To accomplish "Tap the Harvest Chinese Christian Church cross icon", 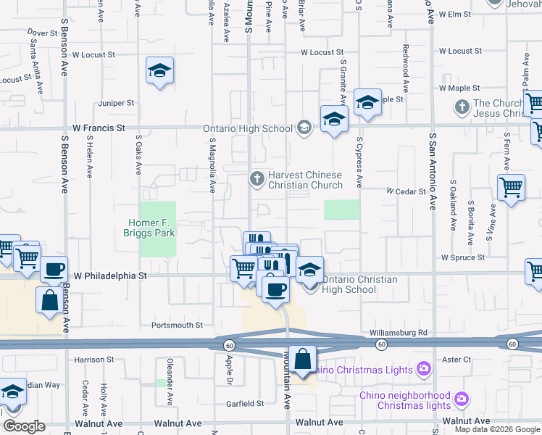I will coord(257,178).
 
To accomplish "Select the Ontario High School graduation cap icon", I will coord(304,128).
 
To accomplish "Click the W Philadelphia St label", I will coord(112,276).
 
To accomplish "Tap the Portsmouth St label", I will coord(177,326).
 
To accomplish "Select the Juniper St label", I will coord(117,103).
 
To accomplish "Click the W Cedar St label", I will coord(404,191).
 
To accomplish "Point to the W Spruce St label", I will coord(464,257).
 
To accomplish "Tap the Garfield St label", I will coord(243,403).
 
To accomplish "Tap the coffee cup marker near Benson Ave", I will coord(54,269).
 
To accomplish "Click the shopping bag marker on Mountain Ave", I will coord(304,359).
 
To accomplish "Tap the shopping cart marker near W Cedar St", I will coord(511,187).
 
